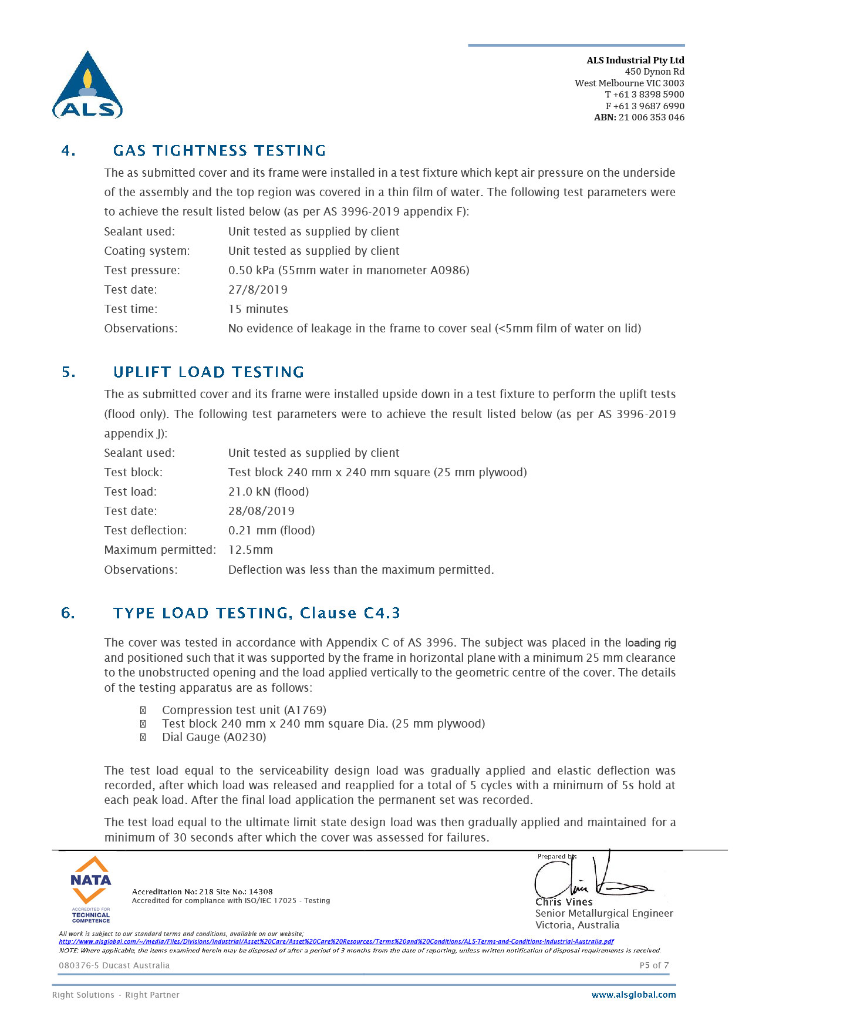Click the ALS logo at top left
pyautogui.click(x=87, y=86)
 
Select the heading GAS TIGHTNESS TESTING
pyautogui.click(x=219, y=151)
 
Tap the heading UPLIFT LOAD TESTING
pyautogui.click(x=208, y=372)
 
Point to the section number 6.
pyautogui.click(x=68, y=614)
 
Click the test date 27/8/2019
pyautogui.click(x=258, y=290)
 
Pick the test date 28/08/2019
pyautogui.click(x=261, y=511)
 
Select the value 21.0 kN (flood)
pyautogui.click(x=268, y=492)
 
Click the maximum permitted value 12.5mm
pyautogui.click(x=251, y=550)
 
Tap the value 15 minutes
pyautogui.click(x=258, y=309)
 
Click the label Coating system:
pyautogui.click(x=147, y=251)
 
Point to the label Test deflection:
pyautogui.click(x=145, y=530)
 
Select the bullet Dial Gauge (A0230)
pyautogui.click(x=214, y=737)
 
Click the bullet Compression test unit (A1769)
pyautogui.click(x=244, y=710)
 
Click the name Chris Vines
pyautogui.click(x=564, y=902)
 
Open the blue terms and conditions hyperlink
pyautogui.click(x=336, y=941)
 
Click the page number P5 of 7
pyautogui.click(x=654, y=965)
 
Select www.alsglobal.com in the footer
pyautogui.click(x=633, y=995)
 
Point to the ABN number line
pyautogui.click(x=639, y=117)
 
